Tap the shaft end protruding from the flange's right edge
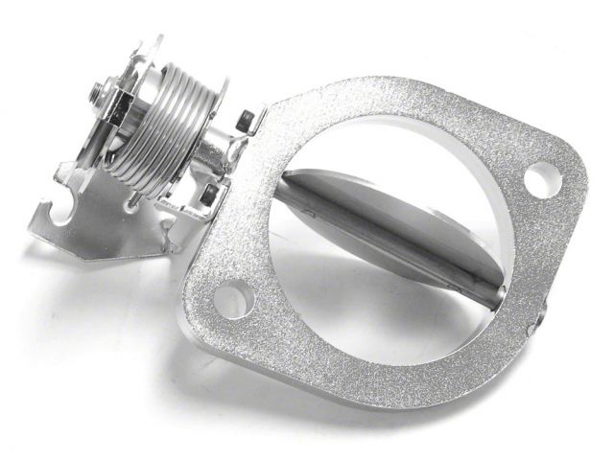[x=543, y=308]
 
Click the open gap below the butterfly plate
[x=384, y=297]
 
